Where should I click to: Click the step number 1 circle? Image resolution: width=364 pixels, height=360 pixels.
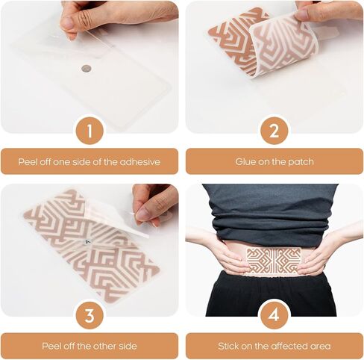[x=90, y=131]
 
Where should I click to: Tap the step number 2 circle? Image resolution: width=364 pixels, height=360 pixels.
[x=274, y=131]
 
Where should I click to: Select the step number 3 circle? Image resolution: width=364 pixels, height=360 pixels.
[x=90, y=315]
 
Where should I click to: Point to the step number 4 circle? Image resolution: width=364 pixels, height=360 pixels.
[x=274, y=315]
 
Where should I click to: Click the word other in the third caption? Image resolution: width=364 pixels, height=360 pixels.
[x=100, y=346]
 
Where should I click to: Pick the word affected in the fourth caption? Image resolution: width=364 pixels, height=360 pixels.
[x=289, y=346]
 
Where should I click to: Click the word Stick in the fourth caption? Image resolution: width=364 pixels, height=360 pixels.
[x=228, y=346]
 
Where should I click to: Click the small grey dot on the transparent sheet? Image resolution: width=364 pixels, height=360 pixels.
[x=87, y=69]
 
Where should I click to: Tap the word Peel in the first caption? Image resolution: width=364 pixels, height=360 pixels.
[x=28, y=162]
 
